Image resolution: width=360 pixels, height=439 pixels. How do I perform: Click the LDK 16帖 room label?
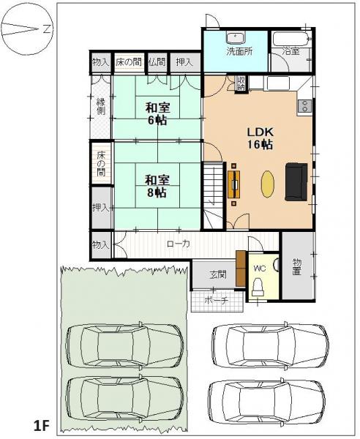pos(260,138)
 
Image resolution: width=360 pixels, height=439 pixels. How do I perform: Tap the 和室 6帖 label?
pos(157,114)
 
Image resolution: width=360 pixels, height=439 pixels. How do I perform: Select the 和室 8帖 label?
pos(157,187)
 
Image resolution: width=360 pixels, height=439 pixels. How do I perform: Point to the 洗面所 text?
pos(239,51)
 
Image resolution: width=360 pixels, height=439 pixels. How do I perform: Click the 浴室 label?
pos(291,51)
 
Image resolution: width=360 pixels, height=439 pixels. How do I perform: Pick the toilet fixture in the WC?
pos(258,286)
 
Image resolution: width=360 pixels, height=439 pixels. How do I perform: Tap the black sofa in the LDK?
pos(296,181)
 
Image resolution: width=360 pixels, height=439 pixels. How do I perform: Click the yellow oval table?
pos(268,184)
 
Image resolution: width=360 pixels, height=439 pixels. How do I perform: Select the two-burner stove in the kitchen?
pos(304,106)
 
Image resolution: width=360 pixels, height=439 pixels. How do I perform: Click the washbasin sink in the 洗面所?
pos(236,38)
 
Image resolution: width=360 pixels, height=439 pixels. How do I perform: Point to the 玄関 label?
pos(218,275)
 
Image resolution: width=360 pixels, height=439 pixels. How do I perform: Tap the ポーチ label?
pos(217,301)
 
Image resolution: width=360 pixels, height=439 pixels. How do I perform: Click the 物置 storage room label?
pos(297,267)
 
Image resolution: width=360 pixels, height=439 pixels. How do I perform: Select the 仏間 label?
pos(157,62)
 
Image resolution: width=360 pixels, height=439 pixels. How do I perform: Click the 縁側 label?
pos(101,106)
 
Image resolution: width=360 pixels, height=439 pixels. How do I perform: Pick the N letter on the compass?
pos(47,29)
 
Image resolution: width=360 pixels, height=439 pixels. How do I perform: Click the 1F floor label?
pos(42,426)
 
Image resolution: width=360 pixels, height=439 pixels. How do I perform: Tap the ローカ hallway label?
pos(179,244)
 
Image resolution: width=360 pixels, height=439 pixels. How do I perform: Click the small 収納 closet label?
pos(241,83)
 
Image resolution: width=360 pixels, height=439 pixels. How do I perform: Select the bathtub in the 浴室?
pos(292,39)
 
